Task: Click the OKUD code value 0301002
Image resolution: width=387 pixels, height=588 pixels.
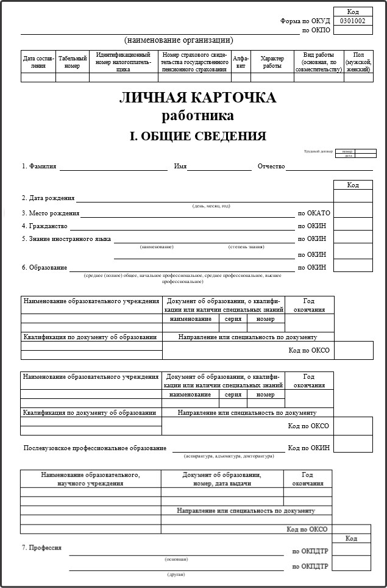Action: click(353, 21)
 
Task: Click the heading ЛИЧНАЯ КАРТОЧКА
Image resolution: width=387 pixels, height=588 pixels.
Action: click(197, 98)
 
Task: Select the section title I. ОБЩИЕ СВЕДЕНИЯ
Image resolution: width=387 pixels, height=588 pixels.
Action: click(197, 136)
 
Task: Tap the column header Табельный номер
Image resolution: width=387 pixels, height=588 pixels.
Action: click(73, 62)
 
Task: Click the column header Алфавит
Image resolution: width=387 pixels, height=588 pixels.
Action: click(241, 62)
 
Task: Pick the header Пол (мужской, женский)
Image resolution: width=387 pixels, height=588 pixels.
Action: click(358, 62)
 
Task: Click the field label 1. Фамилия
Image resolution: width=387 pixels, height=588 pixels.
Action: click(39, 166)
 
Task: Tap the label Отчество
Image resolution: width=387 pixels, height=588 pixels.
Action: click(271, 166)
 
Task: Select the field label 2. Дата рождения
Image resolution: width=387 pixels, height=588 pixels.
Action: click(48, 198)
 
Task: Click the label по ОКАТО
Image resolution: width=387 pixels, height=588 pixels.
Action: click(314, 213)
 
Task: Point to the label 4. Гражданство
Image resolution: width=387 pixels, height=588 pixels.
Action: click(44, 226)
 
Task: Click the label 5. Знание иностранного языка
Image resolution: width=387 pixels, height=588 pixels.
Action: click(66, 239)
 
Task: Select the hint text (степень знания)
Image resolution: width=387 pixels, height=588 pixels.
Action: click(246, 247)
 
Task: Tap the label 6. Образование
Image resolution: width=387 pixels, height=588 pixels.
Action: click(44, 267)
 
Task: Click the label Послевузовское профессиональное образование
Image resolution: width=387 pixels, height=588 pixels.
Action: click(94, 448)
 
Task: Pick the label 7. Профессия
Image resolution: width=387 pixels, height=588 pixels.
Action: click(41, 548)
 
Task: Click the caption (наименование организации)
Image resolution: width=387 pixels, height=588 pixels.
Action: click(179, 40)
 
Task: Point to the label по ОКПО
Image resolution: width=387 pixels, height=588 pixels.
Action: click(316, 30)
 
